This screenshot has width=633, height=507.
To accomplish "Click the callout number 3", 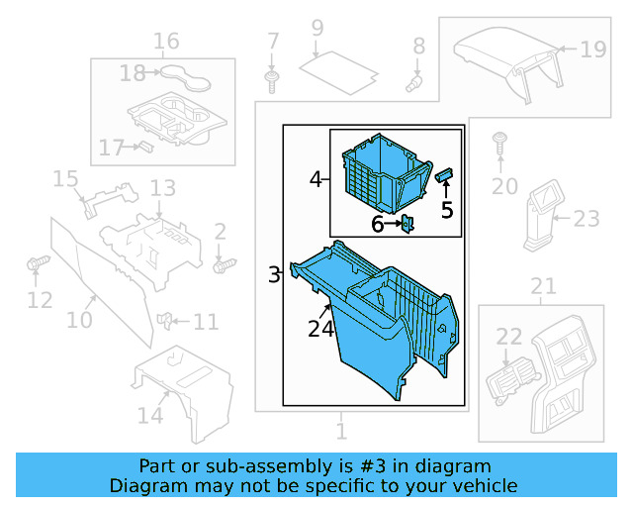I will [x=274, y=274].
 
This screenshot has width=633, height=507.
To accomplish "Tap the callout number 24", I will [x=320, y=330].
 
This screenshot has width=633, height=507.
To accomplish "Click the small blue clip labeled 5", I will [x=444, y=175].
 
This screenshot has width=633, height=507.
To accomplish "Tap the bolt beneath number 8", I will [x=414, y=83].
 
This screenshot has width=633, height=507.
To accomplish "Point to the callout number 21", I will [x=543, y=287].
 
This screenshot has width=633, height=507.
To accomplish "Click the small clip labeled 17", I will [x=142, y=147].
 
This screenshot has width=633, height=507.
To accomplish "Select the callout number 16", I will [x=166, y=41].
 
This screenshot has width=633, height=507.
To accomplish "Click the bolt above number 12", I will [x=39, y=264].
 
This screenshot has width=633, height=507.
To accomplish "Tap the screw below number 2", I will [x=225, y=264].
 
